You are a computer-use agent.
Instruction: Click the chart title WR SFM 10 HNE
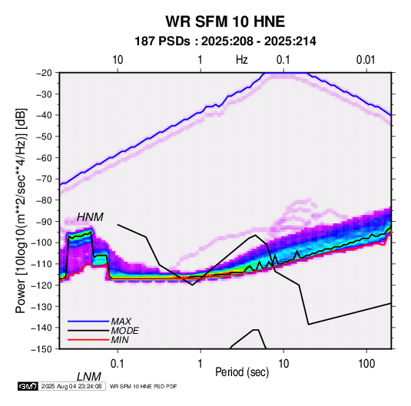(225, 21)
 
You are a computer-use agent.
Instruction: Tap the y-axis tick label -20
(44, 73)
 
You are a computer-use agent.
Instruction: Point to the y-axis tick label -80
(44, 200)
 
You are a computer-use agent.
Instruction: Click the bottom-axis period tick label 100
(366, 363)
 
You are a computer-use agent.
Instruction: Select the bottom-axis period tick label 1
(201, 363)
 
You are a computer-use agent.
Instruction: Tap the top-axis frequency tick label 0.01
(366, 60)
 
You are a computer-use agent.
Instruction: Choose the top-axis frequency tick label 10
(118, 60)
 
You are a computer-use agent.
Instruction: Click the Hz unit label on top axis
(242, 60)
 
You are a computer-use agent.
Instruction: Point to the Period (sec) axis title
(242, 372)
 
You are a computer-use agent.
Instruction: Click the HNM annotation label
(90, 217)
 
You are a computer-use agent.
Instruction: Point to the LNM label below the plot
(89, 377)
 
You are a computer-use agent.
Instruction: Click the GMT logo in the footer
(28, 386)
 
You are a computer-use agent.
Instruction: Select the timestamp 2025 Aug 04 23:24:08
(71, 386)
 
